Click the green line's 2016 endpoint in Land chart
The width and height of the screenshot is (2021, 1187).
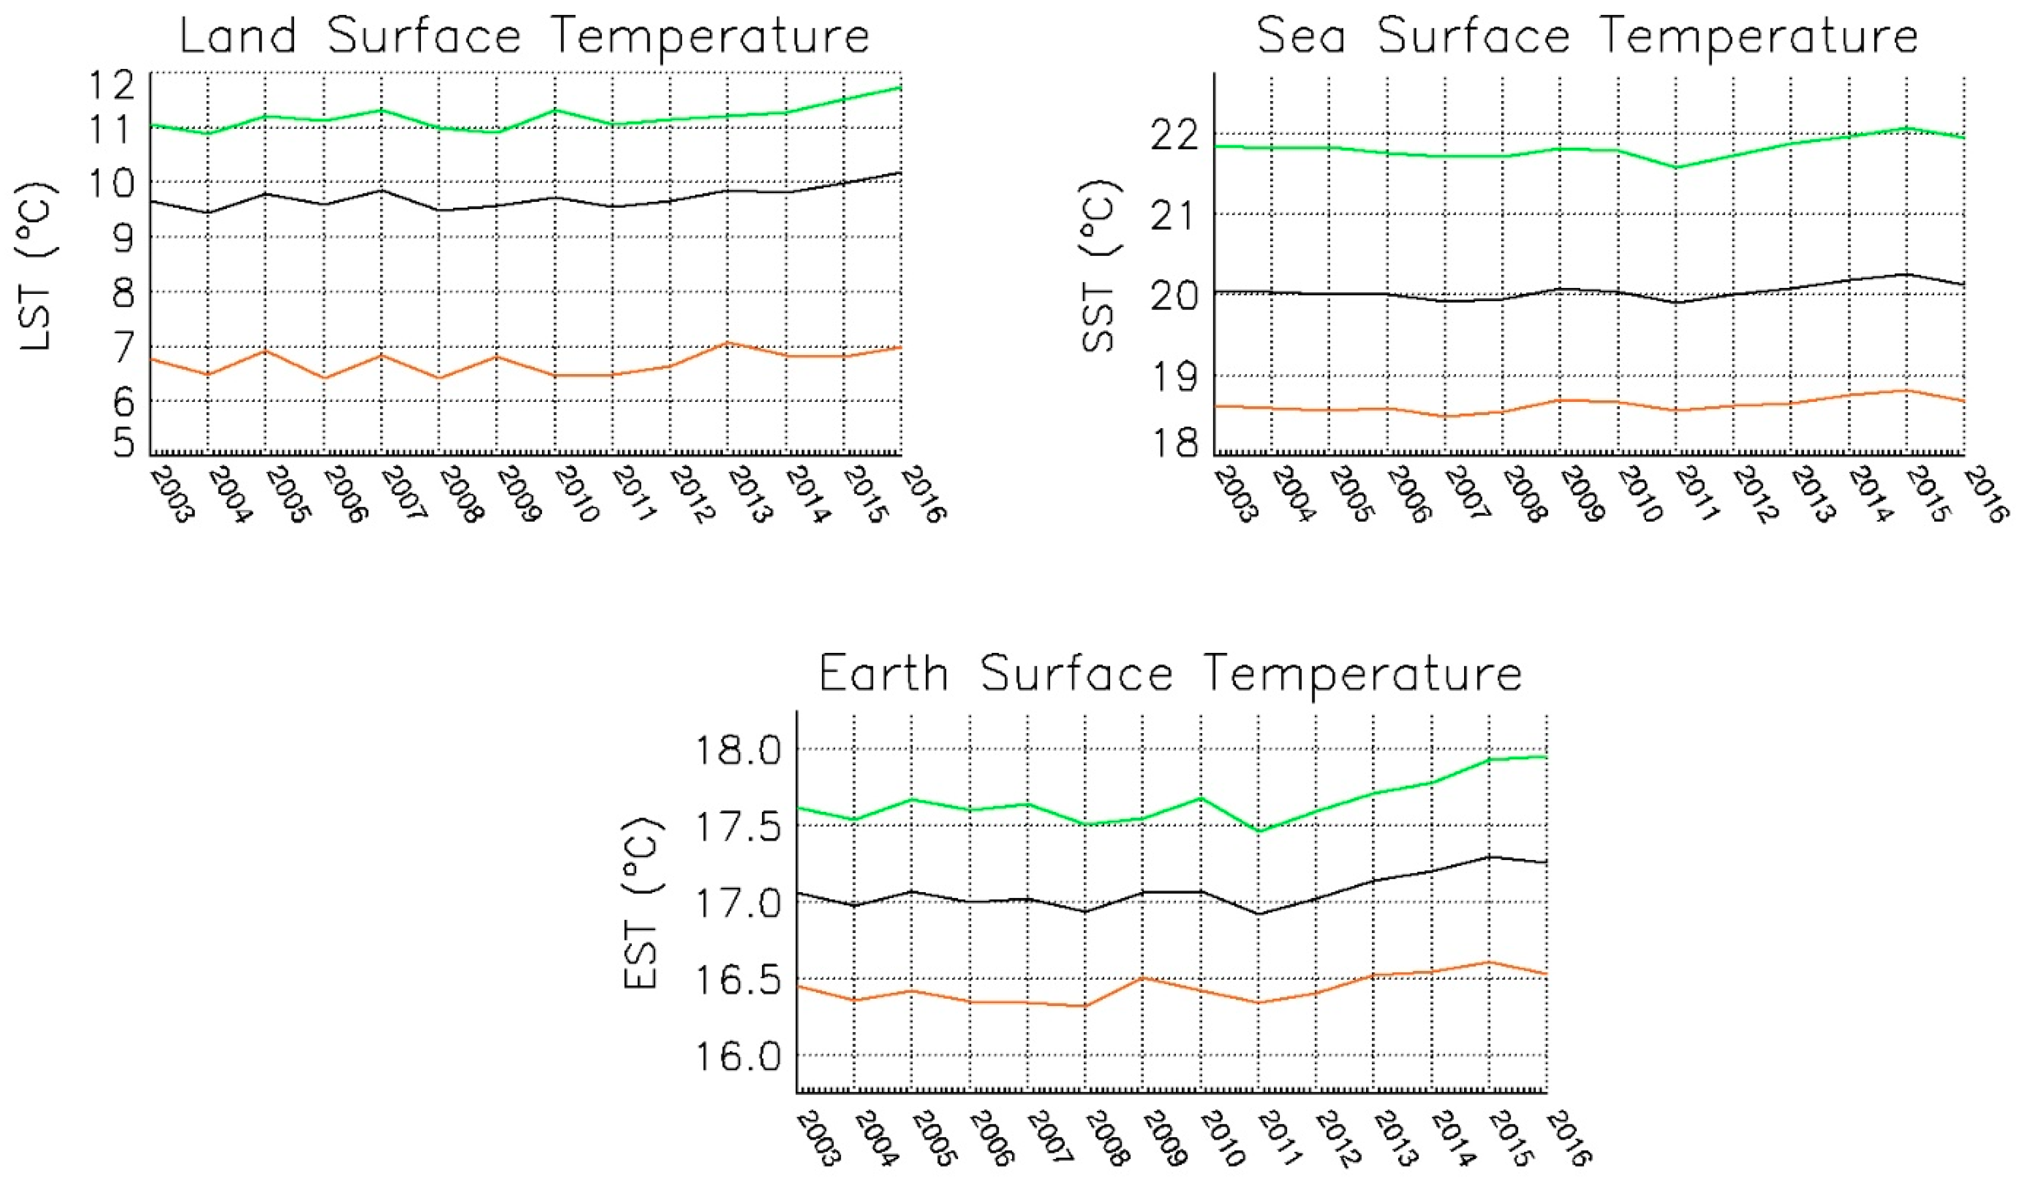coord(901,87)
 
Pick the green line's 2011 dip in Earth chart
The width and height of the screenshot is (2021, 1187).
coord(1258,831)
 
